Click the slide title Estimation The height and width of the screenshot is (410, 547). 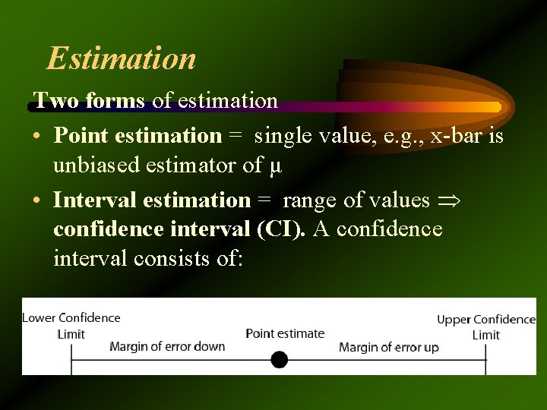[122, 58]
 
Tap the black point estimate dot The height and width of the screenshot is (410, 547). [279, 359]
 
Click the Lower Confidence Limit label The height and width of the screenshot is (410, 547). [71, 326]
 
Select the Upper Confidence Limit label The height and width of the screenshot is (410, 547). [486, 327]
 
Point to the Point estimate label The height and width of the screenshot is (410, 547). [285, 333]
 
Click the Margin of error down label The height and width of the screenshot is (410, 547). [167, 346]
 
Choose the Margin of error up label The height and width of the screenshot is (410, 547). [388, 347]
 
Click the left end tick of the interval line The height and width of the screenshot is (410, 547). [71, 359]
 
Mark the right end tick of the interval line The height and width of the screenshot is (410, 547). [485, 359]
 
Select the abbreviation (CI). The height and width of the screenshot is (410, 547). [282, 229]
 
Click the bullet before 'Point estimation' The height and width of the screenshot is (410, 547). [37, 136]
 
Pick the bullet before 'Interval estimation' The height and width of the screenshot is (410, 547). [37, 200]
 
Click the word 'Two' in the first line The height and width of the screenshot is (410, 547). [50, 100]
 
